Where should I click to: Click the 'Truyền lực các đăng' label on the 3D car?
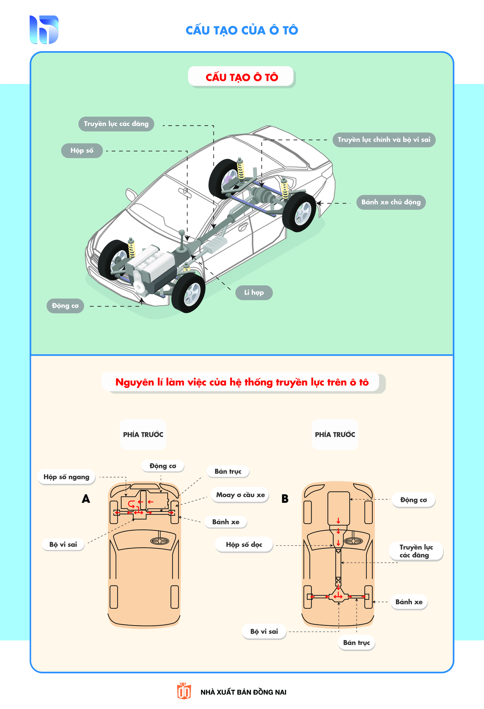point(116,124)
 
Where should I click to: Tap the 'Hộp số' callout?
point(82,150)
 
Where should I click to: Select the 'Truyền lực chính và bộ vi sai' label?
point(384,140)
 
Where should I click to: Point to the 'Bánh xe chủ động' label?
point(391,202)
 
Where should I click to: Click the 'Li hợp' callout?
point(254,292)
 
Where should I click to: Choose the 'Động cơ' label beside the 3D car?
point(65,306)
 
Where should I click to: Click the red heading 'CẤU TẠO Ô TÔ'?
point(242,77)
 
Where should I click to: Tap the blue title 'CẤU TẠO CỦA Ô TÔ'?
point(242,30)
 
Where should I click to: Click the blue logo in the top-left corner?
point(44,30)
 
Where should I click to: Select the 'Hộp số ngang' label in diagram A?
point(67,477)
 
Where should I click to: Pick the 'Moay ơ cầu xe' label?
point(240,495)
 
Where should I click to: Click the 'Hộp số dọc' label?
point(244,544)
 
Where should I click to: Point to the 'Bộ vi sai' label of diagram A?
point(63,544)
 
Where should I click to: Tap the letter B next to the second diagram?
point(285,499)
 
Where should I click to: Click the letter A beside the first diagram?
point(86,499)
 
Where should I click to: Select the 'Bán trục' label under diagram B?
point(356,643)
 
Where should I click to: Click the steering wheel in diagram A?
point(160,541)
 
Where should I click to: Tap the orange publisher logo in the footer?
point(184,691)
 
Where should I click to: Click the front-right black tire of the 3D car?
point(189,292)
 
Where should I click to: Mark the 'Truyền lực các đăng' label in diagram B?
point(416,551)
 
